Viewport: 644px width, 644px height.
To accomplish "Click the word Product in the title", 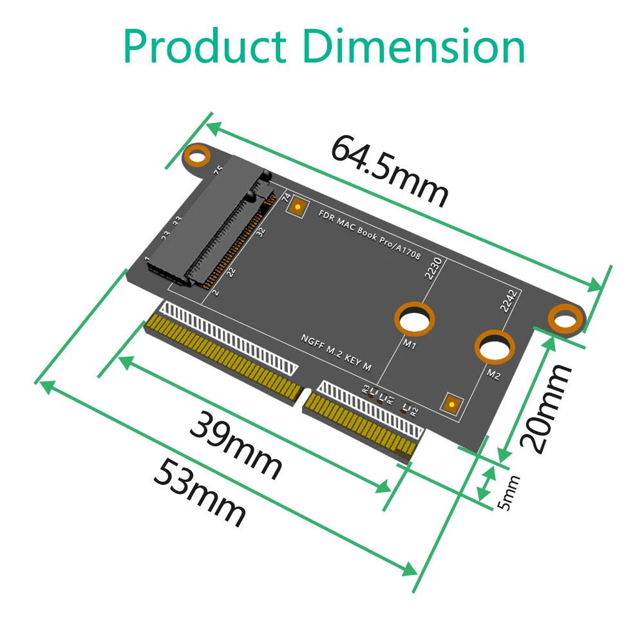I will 204,46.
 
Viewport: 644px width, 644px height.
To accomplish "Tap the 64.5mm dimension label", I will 389,171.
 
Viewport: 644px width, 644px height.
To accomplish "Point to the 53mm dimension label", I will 200,493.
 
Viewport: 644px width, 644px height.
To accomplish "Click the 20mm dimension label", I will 545,407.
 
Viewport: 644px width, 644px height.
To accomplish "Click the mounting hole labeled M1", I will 414,319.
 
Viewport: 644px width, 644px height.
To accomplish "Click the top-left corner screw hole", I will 198,156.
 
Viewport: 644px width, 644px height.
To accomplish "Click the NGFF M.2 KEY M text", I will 336,353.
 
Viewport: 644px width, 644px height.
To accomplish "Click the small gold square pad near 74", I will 298,207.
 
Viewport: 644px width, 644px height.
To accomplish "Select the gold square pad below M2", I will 453,404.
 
